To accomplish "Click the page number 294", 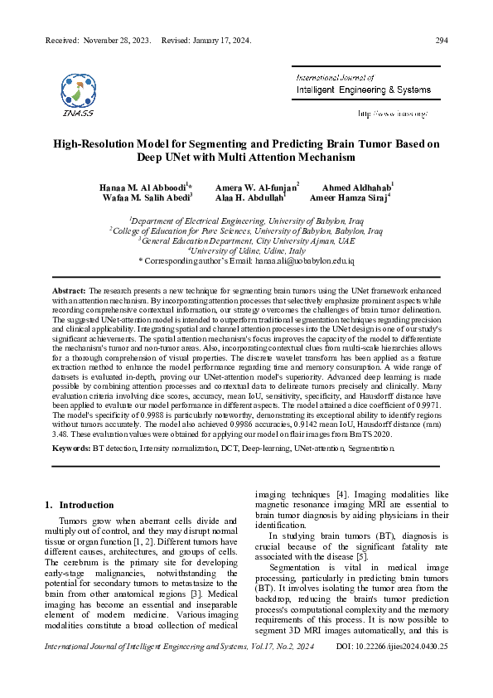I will click(x=442, y=41).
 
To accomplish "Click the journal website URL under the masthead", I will click(x=392, y=113).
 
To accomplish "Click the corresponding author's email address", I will click(x=306, y=261).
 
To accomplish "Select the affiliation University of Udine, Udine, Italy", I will click(x=246, y=250).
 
